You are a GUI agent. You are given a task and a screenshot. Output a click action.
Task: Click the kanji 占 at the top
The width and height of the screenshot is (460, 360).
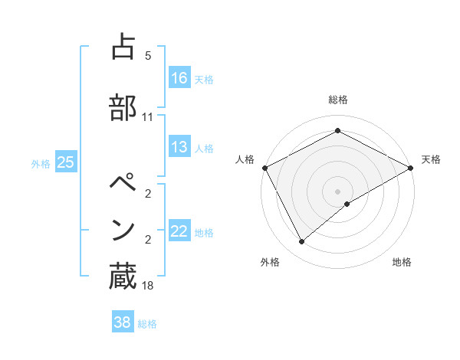pos(123,47)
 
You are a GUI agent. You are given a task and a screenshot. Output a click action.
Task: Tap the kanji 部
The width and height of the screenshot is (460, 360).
pos(123,107)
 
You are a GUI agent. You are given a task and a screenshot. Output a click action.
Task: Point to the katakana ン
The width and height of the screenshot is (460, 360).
pos(123,230)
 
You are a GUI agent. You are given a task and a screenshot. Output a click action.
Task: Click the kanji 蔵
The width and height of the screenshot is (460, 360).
pos(123,277)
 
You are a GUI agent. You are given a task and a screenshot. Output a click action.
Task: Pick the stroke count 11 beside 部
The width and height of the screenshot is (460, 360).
pos(148,117)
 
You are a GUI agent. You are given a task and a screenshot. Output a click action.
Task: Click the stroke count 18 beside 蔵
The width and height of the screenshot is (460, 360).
pos(148,286)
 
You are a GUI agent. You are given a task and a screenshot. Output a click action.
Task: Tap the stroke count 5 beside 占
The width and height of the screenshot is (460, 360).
pos(148,56)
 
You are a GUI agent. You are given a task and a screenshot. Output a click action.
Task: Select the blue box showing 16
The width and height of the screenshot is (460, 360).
pos(179,77)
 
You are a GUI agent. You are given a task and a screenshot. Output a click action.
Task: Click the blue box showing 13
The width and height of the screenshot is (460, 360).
pos(179,147)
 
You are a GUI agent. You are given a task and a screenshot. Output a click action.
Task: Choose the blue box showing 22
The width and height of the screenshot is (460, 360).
pos(179,231)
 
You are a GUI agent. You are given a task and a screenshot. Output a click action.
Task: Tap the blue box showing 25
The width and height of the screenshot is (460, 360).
pos(65,162)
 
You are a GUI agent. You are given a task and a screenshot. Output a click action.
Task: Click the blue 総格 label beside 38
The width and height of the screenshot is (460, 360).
pos(148,324)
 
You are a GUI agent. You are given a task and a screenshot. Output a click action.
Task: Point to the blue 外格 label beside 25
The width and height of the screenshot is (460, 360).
pos(41,163)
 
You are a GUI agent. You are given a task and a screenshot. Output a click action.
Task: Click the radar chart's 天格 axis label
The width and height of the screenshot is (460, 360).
pos(431,159)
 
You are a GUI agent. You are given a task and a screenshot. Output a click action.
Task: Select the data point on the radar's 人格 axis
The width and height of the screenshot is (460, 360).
pos(264,168)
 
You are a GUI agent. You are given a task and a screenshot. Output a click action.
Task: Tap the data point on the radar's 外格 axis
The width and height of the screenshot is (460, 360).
pos(302,242)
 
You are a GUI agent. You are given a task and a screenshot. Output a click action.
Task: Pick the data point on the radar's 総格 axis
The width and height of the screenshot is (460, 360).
pos(338,131)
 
